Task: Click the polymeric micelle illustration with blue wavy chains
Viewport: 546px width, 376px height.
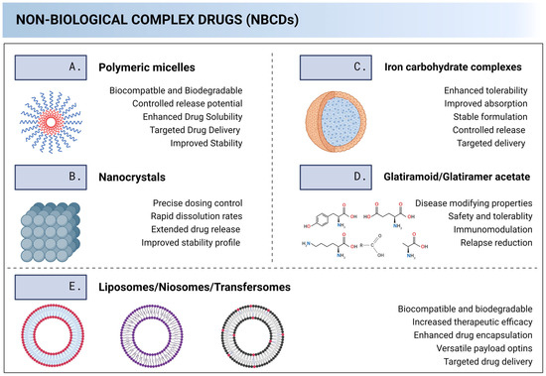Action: point(56,122)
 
